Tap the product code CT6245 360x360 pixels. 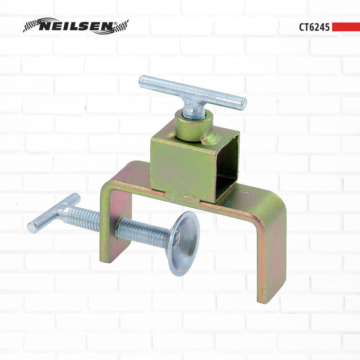pos(314,27)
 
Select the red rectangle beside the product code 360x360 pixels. pos(345,27)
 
